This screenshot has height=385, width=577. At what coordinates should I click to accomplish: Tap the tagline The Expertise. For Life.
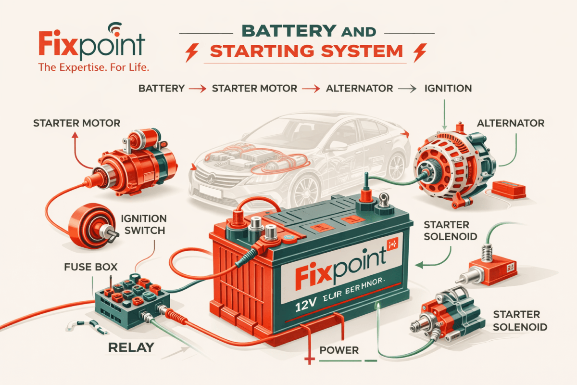94,68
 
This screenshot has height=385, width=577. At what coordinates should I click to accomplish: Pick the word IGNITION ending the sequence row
448,89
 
